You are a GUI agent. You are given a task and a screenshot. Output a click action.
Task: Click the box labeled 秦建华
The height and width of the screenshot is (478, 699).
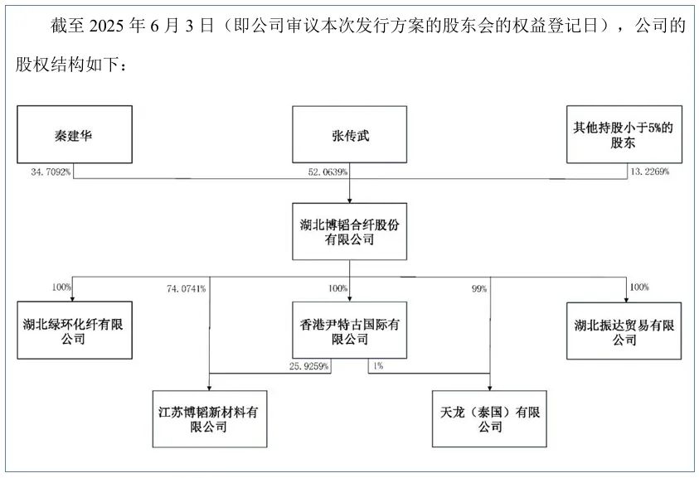click(73, 133)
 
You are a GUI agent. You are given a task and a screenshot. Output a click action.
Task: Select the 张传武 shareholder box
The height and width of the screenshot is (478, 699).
click(349, 133)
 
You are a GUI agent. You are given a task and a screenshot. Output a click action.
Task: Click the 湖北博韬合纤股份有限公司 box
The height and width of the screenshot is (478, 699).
click(349, 231)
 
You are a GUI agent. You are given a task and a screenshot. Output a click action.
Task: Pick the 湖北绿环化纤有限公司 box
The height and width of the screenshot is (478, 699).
click(73, 329)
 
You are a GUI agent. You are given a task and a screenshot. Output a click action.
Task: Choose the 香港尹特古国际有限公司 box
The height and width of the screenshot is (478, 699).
click(349, 329)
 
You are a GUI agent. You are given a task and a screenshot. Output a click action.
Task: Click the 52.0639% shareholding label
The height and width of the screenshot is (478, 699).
click(325, 172)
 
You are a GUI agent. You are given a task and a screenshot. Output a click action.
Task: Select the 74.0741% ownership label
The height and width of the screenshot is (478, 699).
click(186, 289)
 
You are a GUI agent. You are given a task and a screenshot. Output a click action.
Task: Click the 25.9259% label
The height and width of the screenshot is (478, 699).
click(308, 365)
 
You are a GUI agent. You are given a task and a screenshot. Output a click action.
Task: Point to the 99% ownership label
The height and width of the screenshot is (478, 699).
click(479, 289)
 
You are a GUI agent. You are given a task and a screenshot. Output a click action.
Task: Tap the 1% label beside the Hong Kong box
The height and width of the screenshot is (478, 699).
click(378, 365)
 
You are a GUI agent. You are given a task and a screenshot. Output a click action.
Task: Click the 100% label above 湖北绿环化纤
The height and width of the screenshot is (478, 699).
click(62, 287)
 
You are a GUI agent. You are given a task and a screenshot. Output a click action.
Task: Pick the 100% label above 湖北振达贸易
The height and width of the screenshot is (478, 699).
click(638, 287)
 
